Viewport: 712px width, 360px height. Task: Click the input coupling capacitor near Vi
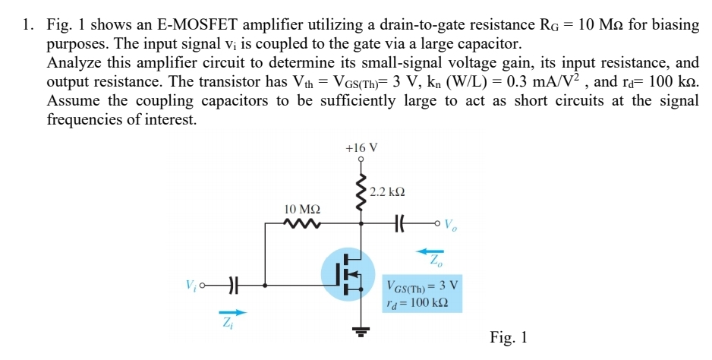pyautogui.click(x=235, y=286)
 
